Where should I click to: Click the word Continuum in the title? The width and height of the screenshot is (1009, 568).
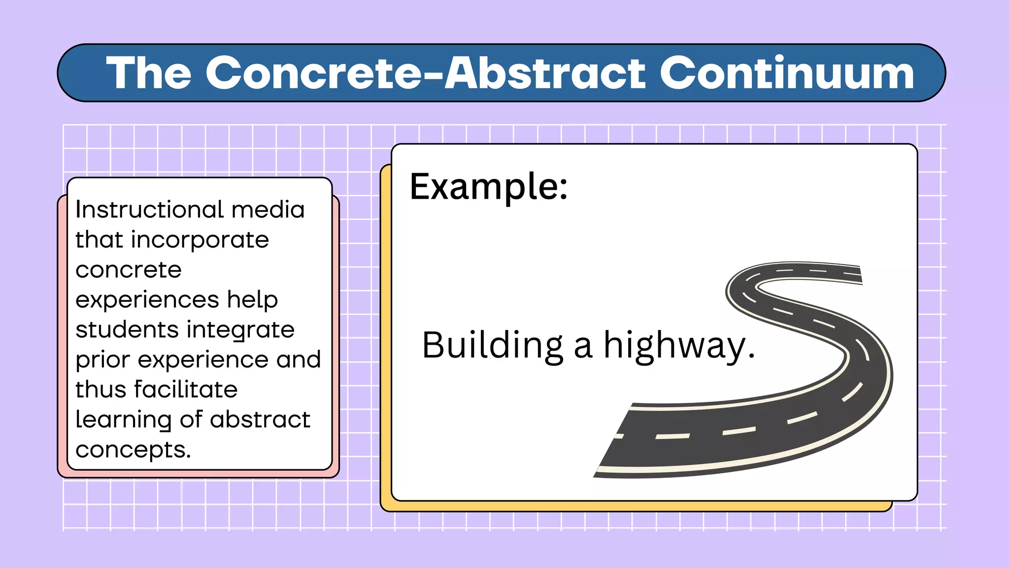(x=787, y=73)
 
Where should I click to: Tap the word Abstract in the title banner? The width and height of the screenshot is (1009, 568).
(x=545, y=73)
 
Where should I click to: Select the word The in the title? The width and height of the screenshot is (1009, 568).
(x=149, y=73)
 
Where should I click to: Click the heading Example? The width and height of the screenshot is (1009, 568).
(x=489, y=187)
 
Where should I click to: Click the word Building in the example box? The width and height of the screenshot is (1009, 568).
(x=492, y=346)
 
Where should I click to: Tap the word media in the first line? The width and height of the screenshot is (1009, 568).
(x=268, y=210)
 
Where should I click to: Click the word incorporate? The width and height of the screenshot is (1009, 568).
(x=200, y=240)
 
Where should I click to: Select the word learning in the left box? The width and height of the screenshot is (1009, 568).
(x=124, y=420)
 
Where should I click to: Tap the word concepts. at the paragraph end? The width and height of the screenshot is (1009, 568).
(x=133, y=450)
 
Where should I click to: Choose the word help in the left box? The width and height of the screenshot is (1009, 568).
(x=252, y=300)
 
